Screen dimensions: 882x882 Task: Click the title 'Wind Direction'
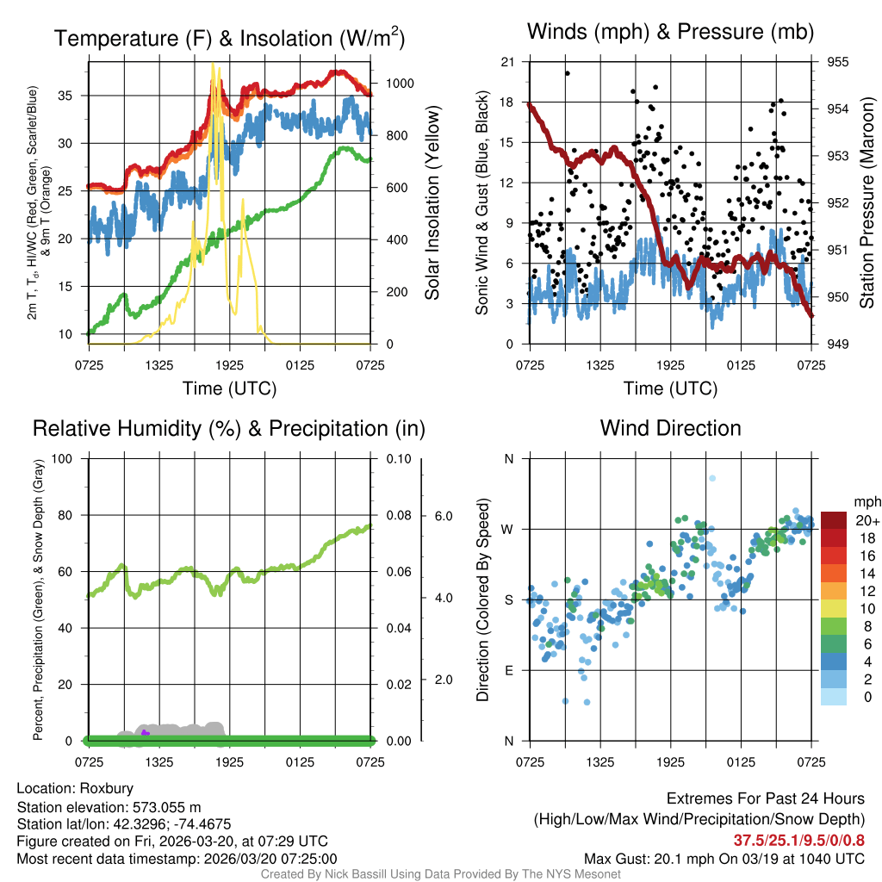[670, 428]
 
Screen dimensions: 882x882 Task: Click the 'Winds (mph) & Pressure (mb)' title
[670, 33]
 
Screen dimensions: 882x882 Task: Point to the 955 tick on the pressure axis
[838, 62]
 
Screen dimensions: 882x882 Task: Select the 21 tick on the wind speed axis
[508, 62]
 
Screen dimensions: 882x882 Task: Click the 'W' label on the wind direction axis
[508, 529]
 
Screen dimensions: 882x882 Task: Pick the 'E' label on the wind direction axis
[508, 670]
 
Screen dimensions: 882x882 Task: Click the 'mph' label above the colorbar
[865, 502]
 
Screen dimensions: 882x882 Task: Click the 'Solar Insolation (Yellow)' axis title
[432, 203]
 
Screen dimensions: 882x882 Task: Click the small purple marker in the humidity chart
[145, 733]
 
